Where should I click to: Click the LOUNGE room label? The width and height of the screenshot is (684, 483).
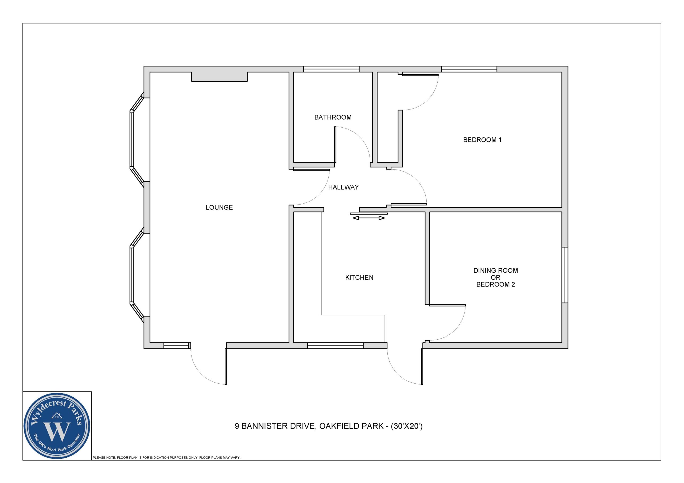coord(219,207)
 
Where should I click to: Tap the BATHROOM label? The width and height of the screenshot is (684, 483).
coord(333,117)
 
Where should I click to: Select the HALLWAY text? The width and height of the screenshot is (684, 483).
coord(343,187)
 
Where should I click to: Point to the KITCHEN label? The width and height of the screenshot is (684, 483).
coord(359,277)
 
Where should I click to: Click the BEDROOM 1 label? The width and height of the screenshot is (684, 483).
coord(482,140)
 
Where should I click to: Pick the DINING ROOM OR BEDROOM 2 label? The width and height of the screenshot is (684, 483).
coord(495,277)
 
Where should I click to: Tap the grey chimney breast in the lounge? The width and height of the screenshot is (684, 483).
coord(219,77)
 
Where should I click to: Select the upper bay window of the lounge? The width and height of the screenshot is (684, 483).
coord(137,139)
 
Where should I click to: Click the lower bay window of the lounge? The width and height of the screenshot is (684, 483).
coord(137,275)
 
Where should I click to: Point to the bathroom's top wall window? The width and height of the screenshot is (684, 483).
coord(331,69)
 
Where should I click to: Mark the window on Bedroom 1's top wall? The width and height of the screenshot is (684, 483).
coord(469,69)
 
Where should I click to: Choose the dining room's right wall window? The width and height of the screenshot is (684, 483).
coord(565,275)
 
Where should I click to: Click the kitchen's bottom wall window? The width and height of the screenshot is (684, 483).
coord(335,346)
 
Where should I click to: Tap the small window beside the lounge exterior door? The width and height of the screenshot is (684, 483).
coord(176,346)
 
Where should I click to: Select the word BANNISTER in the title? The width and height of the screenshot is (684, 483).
coord(278,426)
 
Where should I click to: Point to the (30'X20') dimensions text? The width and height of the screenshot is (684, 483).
coord(407,426)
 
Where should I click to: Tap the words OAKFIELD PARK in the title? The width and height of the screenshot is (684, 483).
coord(352,426)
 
